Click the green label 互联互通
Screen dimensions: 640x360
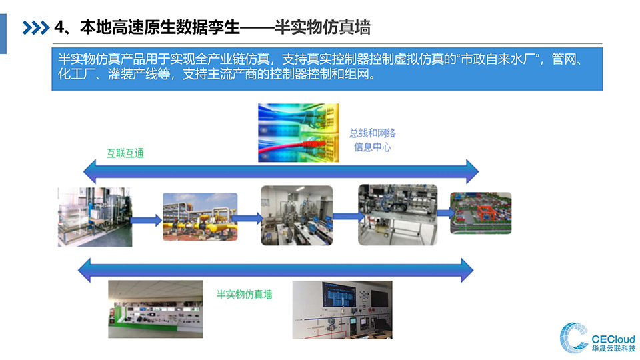[x=125, y=153]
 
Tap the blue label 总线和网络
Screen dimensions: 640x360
[x=372, y=133]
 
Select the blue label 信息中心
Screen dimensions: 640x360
[x=372, y=147]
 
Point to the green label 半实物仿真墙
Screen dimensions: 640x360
[x=244, y=294]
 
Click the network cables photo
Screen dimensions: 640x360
[x=299, y=133]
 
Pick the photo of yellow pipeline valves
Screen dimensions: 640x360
[x=200, y=217]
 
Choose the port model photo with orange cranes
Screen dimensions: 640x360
[x=481, y=213]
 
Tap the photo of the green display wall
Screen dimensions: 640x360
[x=155, y=309]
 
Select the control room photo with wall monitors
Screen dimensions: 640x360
[x=343, y=310]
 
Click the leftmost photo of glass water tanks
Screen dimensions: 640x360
[x=95, y=217]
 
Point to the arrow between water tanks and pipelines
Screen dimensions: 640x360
[x=147, y=221]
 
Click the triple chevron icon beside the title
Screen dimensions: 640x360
[x=36, y=28]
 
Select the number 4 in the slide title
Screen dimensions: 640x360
[x=59, y=27]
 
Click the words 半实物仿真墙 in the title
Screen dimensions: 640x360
[x=323, y=27]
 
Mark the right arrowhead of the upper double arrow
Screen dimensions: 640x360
[x=473, y=171]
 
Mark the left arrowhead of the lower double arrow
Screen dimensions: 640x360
[x=85, y=270]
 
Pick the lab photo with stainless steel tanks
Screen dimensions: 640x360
[x=297, y=215]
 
